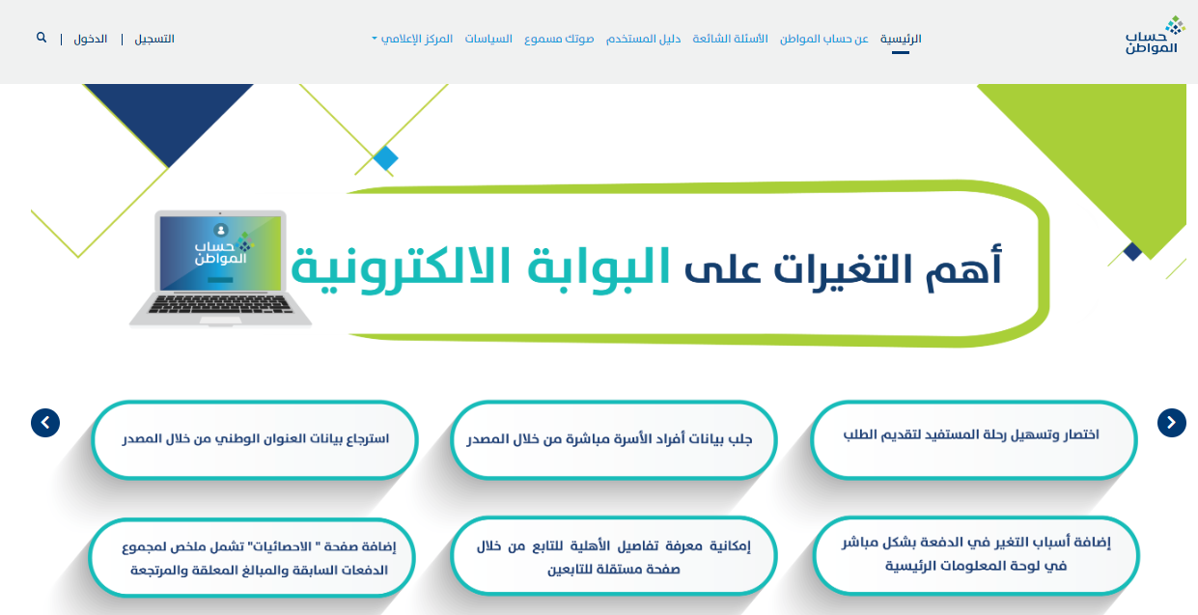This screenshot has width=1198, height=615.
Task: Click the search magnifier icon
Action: [x=42, y=38]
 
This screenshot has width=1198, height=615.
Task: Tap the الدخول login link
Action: [x=91, y=39]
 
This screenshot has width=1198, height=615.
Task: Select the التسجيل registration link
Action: [x=154, y=39]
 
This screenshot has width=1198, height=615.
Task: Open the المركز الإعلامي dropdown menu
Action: [x=412, y=39]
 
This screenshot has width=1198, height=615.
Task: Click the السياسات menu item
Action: [x=488, y=39]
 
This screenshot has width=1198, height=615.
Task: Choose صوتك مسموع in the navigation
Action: [x=559, y=39]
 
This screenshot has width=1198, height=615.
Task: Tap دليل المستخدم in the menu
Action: [x=643, y=39]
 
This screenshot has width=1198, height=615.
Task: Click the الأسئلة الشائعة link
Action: [x=730, y=39]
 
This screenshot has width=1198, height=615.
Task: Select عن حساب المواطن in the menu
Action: [x=823, y=39]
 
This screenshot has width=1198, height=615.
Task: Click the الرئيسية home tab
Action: [x=901, y=39]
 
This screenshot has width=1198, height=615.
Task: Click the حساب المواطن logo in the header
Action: [x=1155, y=36]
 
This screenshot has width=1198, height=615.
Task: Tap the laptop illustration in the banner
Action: [x=220, y=268]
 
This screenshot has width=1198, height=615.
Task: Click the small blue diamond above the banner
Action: [x=385, y=158]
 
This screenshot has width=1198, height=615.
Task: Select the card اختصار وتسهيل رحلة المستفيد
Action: [x=973, y=439]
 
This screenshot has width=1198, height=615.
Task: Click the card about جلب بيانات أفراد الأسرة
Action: [x=613, y=439]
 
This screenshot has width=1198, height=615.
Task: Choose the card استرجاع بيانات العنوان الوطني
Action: [x=255, y=439]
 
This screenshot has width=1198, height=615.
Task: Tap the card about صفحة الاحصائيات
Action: [x=252, y=557]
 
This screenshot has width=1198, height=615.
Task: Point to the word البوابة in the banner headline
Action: [x=599, y=267]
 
